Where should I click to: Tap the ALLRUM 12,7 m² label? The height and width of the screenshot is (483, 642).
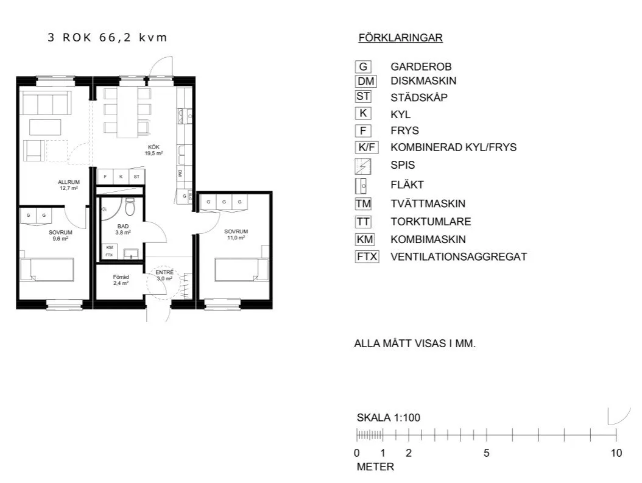tap(68, 185)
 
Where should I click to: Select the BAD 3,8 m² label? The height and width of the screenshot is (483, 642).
tap(124, 229)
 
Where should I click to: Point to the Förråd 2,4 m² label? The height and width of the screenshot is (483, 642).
tap(121, 280)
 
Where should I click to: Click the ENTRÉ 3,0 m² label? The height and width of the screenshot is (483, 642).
tap(164, 275)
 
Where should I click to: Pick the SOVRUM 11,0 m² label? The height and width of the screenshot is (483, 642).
tap(235, 234)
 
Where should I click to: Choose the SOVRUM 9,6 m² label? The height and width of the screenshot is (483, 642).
tap(60, 236)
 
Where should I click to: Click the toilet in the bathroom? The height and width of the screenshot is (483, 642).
tap(129, 208)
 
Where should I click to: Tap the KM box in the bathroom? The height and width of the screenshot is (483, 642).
tap(110, 247)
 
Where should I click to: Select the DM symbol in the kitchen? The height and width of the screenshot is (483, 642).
tap(180, 174)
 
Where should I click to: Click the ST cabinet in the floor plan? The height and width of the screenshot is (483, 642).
tap(136, 177)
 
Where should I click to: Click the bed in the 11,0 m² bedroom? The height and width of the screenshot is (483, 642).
tap(242, 269)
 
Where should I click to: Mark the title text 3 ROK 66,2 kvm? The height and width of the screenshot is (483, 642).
tap(107, 38)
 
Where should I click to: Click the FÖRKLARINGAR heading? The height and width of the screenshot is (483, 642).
tap(400, 38)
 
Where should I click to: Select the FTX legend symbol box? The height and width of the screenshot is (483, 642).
tap(367, 256)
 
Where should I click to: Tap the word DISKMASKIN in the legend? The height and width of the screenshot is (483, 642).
tap(423, 80)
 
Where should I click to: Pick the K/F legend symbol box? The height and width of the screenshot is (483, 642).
tap(367, 147)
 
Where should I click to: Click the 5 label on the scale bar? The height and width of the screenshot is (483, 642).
tap(486, 453)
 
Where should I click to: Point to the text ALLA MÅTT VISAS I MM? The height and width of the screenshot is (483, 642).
tap(414, 344)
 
